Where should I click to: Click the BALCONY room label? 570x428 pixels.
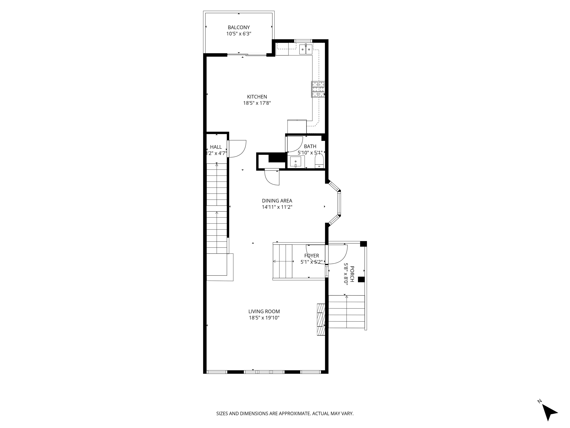point(239,27)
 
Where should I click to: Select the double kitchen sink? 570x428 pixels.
point(306,49)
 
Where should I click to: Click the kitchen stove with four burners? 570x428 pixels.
point(318,90)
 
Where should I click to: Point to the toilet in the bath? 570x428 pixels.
point(319,161)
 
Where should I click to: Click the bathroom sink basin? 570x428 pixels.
point(296,162)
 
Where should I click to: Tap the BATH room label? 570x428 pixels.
point(310,146)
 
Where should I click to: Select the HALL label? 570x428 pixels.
point(216,147)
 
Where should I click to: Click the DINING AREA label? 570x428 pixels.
point(277,201)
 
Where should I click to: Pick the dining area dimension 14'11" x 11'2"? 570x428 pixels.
point(277,207)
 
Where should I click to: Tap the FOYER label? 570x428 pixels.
point(312,256)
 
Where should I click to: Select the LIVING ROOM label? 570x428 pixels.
point(264,312)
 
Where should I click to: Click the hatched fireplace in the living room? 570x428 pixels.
point(321,319)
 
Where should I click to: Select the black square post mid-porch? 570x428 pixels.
point(361,280)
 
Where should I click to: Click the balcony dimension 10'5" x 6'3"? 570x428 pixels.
point(239,34)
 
